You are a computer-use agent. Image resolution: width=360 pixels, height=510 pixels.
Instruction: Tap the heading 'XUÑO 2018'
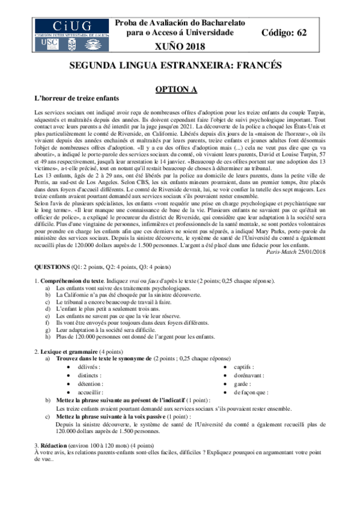[180, 46]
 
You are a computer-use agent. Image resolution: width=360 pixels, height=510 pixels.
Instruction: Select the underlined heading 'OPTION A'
[177, 89]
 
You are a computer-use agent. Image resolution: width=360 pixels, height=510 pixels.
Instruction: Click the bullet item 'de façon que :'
[251, 392]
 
